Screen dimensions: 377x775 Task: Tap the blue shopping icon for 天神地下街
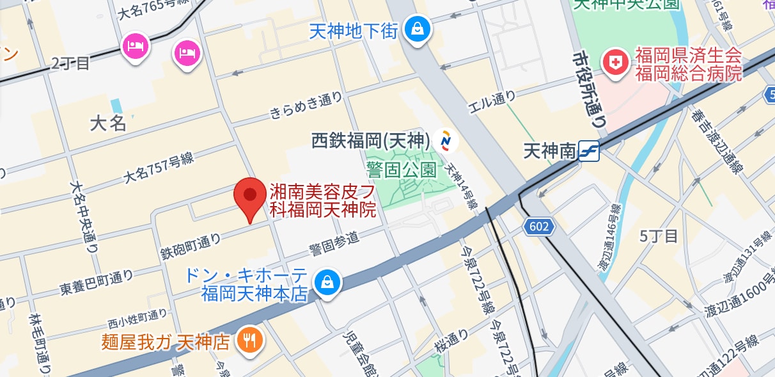point(417,29)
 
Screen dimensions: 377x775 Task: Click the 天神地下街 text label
point(354,30)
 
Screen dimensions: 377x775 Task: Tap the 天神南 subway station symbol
point(588,151)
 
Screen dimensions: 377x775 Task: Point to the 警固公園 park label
point(402,170)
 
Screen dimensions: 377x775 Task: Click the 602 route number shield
point(539,226)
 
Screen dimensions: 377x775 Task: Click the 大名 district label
point(109,123)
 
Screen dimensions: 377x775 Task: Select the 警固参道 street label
point(334,243)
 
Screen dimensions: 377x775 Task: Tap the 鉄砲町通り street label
point(191,246)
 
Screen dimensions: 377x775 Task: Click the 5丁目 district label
point(659,236)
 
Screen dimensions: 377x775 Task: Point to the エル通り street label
point(492,99)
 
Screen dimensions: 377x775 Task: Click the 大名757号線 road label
point(159,168)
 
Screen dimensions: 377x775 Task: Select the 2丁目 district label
point(71,63)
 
